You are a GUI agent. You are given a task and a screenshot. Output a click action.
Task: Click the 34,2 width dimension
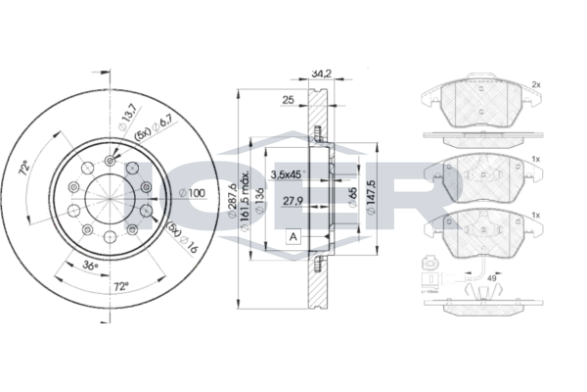321,73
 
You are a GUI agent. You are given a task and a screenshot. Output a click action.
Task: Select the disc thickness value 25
288,100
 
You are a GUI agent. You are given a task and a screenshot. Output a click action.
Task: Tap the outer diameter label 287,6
232,201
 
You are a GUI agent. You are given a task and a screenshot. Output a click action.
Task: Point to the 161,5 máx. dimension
245,202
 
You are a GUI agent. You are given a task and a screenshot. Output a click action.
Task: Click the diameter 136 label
258,201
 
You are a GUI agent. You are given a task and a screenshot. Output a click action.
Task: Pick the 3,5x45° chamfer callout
287,174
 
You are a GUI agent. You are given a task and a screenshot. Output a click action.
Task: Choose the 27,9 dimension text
293,201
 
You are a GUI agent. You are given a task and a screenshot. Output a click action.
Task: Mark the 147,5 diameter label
370,197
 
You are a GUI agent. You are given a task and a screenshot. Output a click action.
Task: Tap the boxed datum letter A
293,237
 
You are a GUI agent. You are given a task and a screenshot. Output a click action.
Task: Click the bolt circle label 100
193,193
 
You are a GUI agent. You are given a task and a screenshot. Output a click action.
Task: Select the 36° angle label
90,266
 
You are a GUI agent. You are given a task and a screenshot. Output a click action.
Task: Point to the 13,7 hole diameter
127,118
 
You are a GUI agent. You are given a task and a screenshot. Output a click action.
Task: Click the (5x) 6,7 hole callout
154,128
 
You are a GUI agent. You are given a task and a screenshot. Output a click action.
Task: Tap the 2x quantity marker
536,85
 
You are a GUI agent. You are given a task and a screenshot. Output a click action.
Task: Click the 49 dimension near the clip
491,278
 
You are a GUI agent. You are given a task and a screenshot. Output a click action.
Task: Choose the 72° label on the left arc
24,168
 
